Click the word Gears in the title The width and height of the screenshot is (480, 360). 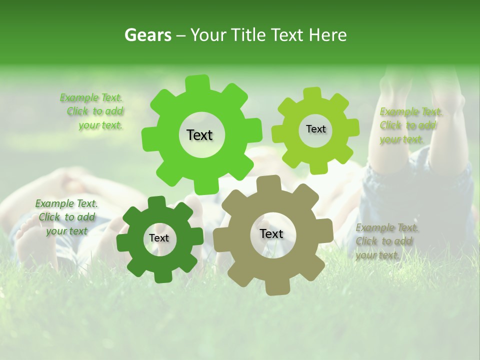pyautogui.click(x=147, y=35)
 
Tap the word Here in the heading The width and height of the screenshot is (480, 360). pyautogui.click(x=327, y=35)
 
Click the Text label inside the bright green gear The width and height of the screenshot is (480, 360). pyautogui.click(x=199, y=135)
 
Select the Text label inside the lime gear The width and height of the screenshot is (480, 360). pyautogui.click(x=315, y=129)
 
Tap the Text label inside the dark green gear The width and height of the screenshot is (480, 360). pyautogui.click(x=158, y=238)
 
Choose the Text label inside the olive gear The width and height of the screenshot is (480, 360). pyautogui.click(x=271, y=234)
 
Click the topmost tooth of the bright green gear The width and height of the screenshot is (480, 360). pyautogui.click(x=197, y=82)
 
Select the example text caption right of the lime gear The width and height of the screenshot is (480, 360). pyautogui.click(x=408, y=126)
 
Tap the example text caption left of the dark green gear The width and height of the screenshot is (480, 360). pyautogui.click(x=66, y=217)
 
